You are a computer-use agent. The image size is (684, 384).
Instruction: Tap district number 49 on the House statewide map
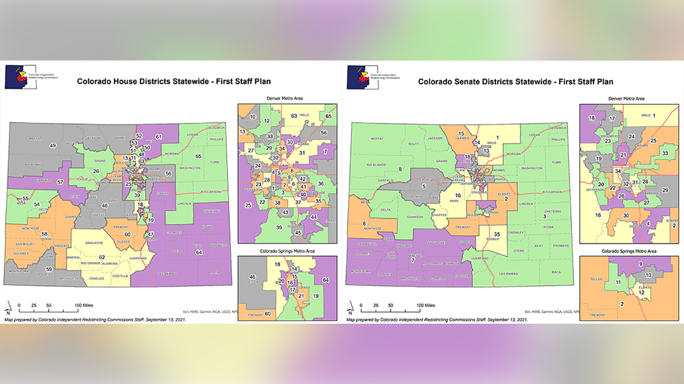(52, 146)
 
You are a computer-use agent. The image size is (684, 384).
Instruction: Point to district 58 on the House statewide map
(45, 234)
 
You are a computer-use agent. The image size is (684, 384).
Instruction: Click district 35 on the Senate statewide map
(496, 234)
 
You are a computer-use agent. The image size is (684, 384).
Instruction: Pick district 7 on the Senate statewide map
(413, 260)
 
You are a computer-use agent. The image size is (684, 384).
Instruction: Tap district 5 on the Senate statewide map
(424, 186)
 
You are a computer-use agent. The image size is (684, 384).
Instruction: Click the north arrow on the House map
(9, 307)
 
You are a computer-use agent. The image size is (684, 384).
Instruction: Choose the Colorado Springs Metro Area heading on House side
(287, 251)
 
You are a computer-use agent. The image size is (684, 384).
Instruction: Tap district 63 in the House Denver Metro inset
(294, 116)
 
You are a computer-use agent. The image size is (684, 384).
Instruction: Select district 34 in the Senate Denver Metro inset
(618, 171)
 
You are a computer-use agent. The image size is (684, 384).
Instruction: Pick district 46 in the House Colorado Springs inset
(252, 277)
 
